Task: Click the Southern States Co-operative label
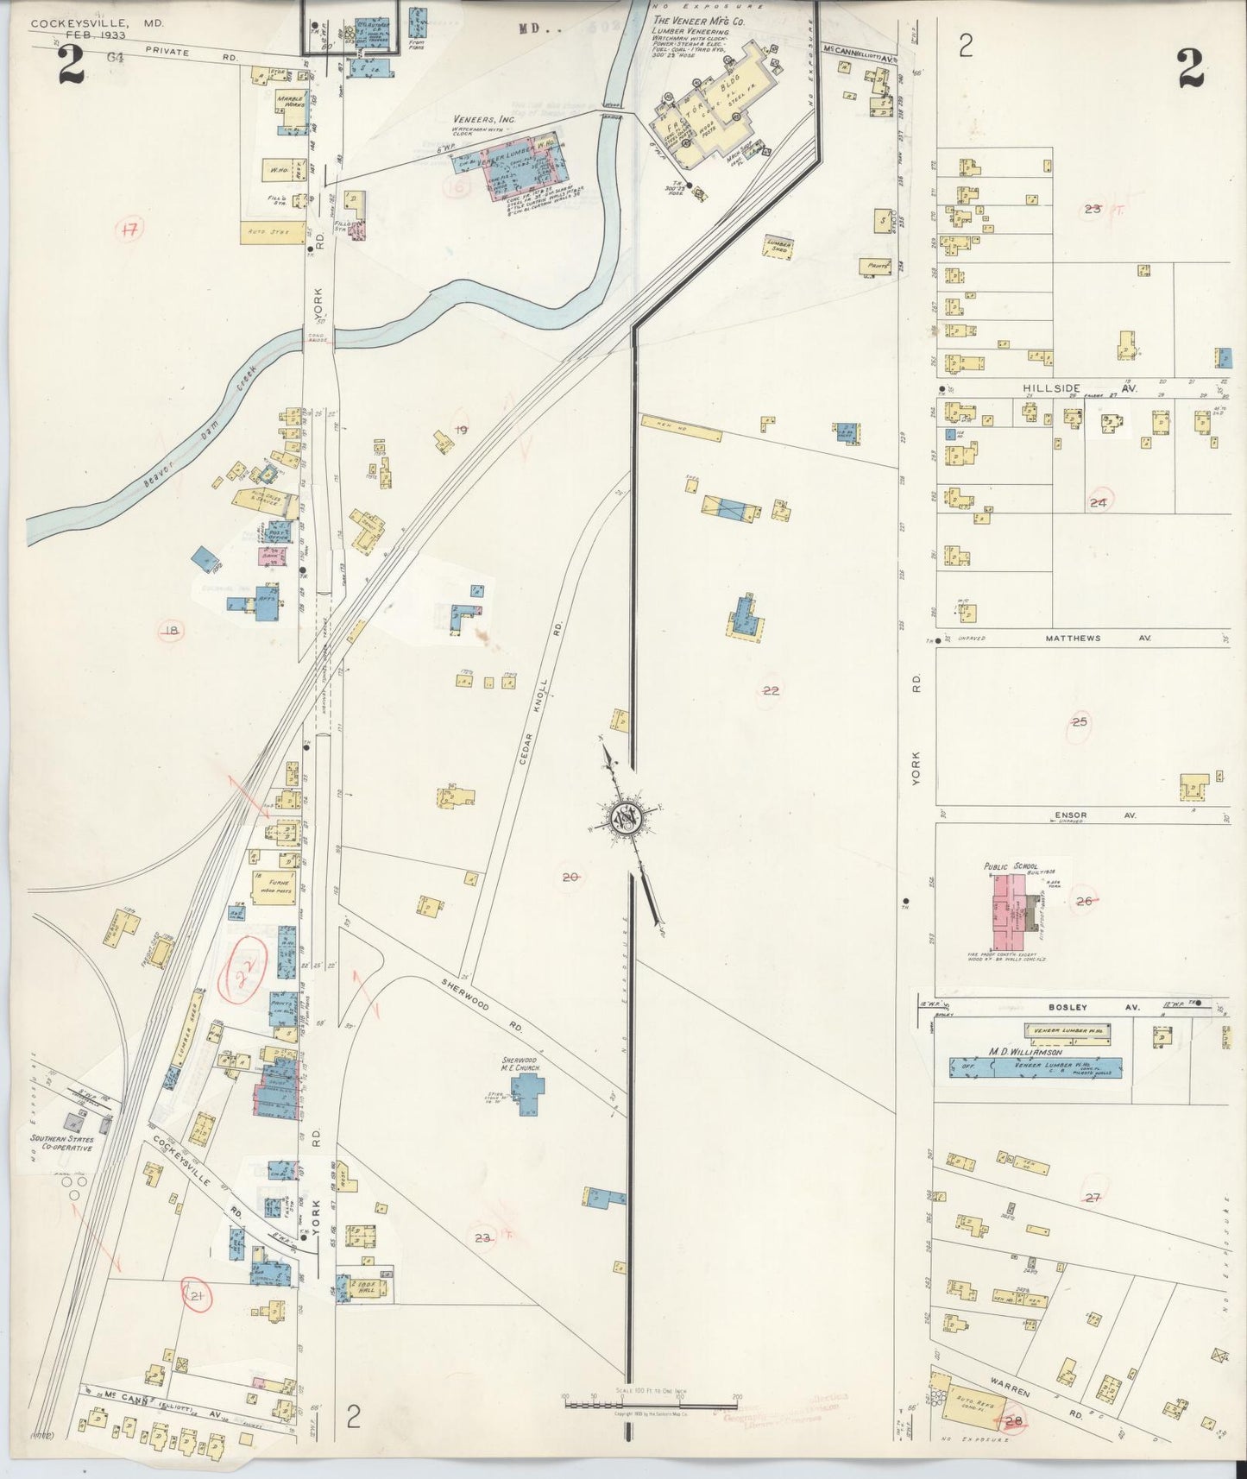click(x=62, y=1145)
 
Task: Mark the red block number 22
click(x=771, y=689)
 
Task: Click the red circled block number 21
click(x=197, y=1294)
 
